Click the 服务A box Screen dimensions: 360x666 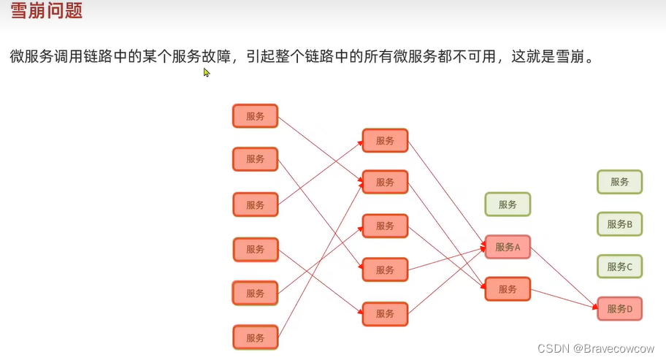(x=508, y=247)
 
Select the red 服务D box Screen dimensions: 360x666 (x=619, y=309)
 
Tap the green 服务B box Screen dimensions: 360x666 (x=619, y=224)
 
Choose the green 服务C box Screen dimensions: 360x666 (x=619, y=267)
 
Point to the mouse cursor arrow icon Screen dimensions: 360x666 (x=207, y=72)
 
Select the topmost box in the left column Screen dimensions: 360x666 (x=255, y=116)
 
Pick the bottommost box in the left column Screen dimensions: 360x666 (x=255, y=338)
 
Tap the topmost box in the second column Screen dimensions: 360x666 (x=385, y=140)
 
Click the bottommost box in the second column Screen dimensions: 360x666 (x=385, y=314)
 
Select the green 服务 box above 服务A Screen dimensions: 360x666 (x=508, y=204)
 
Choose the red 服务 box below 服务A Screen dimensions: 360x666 (x=508, y=289)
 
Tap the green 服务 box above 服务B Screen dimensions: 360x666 (x=619, y=182)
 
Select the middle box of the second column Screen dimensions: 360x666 (x=385, y=226)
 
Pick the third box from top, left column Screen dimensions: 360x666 (x=255, y=204)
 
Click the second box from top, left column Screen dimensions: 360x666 (x=255, y=159)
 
